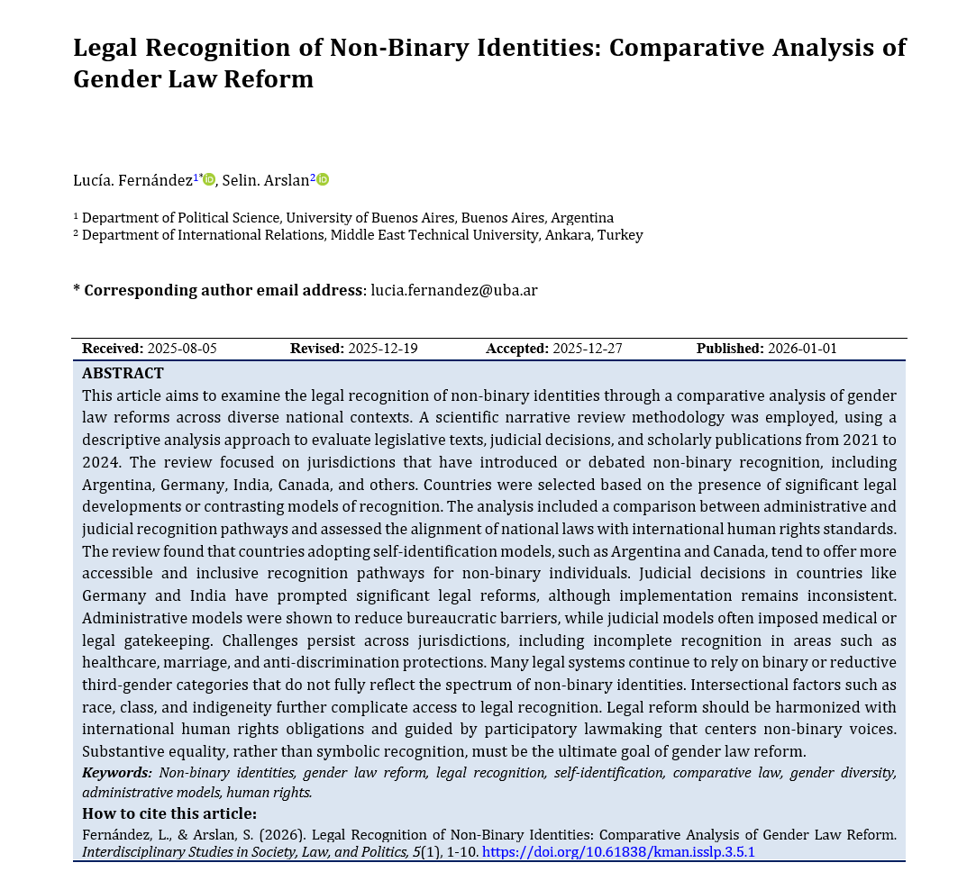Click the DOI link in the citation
pyautogui.click(x=618, y=851)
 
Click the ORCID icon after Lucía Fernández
pyautogui.click(x=210, y=179)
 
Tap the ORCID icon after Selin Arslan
pyautogui.click(x=323, y=179)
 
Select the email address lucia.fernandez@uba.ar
pyautogui.click(x=454, y=290)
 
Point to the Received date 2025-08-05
pyautogui.click(x=182, y=349)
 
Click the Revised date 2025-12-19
pyautogui.click(x=383, y=349)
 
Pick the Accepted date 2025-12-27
pyautogui.click(x=588, y=349)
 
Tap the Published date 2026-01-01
pyautogui.click(x=802, y=349)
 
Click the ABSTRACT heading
pyautogui.click(x=123, y=373)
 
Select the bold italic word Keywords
pyautogui.click(x=116, y=772)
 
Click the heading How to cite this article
pyautogui.click(x=169, y=814)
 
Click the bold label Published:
pyautogui.click(x=730, y=349)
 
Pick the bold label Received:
pyautogui.click(x=113, y=349)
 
